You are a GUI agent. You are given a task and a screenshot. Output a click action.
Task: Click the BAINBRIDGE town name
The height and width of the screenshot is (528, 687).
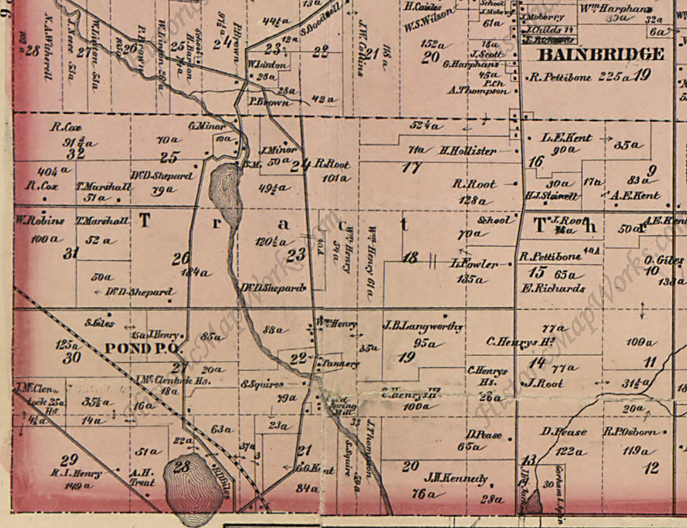click(601, 55)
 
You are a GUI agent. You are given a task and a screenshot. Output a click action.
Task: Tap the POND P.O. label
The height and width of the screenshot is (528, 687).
click(140, 348)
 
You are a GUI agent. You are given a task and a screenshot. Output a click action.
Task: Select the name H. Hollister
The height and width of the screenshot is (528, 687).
click(468, 151)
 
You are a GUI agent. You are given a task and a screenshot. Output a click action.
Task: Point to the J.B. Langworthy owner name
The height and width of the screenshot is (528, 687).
click(422, 327)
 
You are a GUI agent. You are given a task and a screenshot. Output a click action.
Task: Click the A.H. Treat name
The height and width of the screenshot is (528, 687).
click(141, 477)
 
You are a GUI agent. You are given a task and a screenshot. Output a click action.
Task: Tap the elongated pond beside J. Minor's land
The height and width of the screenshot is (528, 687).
click(225, 191)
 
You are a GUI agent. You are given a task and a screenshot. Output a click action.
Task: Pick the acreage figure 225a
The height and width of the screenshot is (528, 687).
click(614, 77)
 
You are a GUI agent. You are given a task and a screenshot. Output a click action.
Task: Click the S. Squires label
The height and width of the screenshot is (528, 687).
click(262, 384)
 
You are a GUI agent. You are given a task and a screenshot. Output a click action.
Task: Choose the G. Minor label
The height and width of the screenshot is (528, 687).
click(207, 126)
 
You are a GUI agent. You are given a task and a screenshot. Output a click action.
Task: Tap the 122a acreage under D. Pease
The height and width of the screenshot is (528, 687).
click(570, 451)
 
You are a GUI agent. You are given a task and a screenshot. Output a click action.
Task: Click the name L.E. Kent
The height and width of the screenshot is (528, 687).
click(566, 138)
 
